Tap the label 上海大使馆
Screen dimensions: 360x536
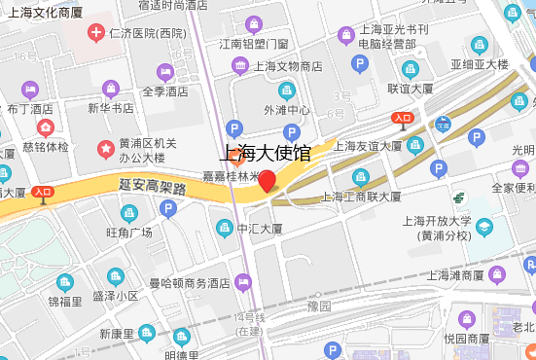coord(267,152)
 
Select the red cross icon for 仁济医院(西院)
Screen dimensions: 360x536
coord(96,33)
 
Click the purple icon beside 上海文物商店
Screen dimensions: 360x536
coord(239,66)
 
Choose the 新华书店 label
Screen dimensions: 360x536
coord(111,108)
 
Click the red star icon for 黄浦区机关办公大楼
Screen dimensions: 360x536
coord(104,148)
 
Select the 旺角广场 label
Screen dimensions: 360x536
coord(129,233)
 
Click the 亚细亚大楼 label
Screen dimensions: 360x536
coord(479,64)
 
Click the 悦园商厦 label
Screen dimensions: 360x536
coord(466,339)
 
